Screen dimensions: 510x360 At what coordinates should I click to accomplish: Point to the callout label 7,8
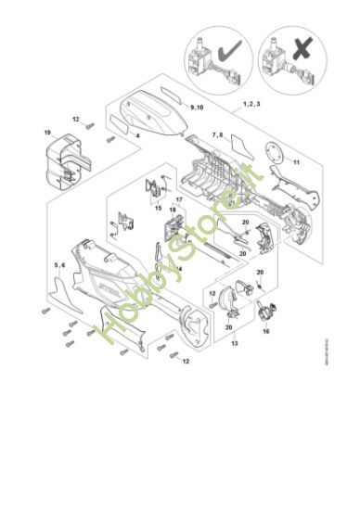(x=217, y=135)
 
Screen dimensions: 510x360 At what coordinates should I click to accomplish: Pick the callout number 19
(x=46, y=134)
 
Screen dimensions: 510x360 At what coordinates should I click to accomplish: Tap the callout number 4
(x=137, y=136)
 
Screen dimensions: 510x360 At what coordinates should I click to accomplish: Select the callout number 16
(x=265, y=329)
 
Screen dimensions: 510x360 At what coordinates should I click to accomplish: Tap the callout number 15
(x=170, y=231)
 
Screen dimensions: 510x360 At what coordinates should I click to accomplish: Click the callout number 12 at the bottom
(x=186, y=360)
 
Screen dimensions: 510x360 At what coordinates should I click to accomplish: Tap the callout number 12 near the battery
(x=76, y=120)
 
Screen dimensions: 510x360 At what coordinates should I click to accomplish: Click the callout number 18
(x=172, y=210)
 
